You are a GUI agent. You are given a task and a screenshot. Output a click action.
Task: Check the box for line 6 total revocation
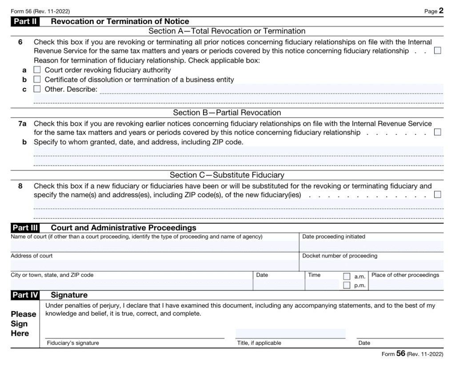437,51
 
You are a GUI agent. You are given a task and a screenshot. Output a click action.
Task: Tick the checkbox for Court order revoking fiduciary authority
37,70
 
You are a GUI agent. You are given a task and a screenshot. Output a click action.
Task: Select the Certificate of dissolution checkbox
37,79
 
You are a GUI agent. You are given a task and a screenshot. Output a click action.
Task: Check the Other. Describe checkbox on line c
37,89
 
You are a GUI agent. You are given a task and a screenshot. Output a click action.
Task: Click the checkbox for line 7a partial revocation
437,132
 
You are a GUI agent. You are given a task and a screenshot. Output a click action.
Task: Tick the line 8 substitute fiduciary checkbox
437,194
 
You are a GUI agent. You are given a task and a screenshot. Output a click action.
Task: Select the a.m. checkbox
347,277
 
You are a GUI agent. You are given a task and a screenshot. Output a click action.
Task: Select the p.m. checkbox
347,285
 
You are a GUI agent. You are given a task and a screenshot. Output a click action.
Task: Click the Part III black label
25,228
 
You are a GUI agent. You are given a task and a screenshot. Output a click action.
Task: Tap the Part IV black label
25,295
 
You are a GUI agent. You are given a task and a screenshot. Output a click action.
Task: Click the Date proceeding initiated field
371,246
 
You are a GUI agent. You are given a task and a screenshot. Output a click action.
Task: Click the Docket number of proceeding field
371,265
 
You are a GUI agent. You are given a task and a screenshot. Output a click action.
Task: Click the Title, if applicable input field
290,333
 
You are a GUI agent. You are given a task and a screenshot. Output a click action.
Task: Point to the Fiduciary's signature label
73,343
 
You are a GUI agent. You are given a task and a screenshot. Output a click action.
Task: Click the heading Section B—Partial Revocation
227,113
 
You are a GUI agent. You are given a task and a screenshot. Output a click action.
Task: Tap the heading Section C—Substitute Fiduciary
227,175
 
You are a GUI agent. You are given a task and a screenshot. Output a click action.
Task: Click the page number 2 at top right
441,11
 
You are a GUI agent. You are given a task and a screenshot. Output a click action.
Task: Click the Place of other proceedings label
405,275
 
